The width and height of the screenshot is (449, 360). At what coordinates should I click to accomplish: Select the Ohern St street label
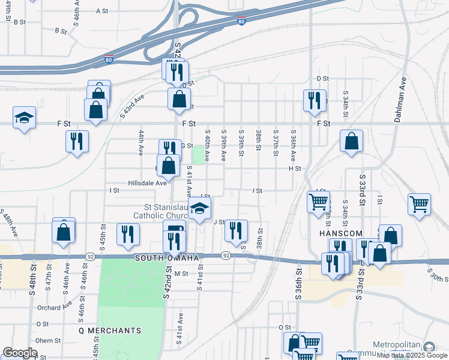tap(48, 340)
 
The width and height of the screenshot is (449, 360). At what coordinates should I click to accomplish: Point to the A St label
tap(102, 11)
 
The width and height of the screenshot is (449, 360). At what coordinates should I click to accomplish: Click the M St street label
tap(182, 274)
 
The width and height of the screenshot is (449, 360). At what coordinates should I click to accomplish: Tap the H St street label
tap(294, 169)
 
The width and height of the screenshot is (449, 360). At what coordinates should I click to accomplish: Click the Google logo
tap(20, 353)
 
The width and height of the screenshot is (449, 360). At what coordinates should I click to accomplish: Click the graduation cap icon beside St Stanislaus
tap(199, 209)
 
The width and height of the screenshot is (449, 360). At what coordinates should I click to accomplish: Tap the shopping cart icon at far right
tap(419, 203)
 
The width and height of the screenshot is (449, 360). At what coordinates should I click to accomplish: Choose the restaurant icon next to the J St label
tap(236, 230)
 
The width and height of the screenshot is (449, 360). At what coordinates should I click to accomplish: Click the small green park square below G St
tap(198, 155)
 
